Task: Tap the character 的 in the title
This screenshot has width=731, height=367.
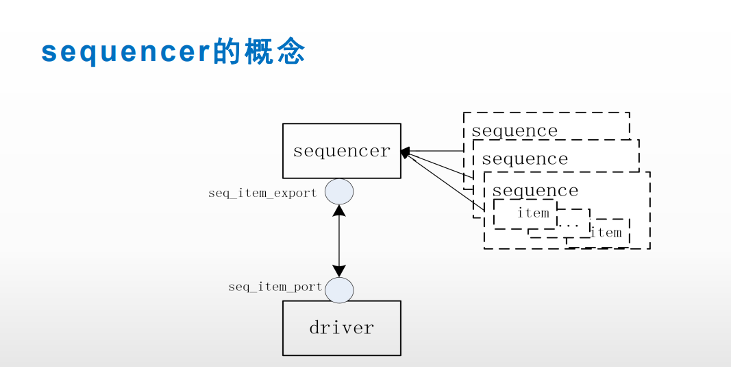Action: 227,52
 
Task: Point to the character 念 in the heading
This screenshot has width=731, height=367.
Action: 290,52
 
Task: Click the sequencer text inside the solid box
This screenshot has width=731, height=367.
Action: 341,151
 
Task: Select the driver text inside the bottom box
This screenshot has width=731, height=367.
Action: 341,328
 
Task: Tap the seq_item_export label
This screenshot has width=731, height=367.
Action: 262,193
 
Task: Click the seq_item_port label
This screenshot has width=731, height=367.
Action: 275,287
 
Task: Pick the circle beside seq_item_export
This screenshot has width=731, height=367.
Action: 339,191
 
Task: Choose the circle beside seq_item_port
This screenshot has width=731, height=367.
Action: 339,290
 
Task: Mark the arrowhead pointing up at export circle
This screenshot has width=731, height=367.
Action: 339,210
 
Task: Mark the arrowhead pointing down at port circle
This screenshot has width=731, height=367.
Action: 339,272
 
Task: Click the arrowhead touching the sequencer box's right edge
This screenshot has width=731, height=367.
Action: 406,152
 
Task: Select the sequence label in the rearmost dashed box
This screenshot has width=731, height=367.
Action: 514,130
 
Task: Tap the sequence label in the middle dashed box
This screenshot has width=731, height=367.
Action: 525,159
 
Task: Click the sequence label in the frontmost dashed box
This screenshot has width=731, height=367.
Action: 535,190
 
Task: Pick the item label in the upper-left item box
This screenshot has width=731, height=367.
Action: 533,213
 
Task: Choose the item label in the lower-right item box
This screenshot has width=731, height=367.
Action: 606,233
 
